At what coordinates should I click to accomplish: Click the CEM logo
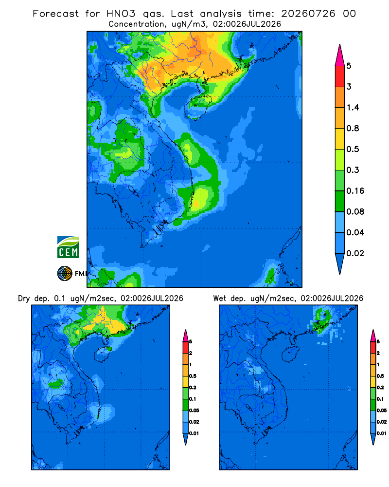pos(68,247)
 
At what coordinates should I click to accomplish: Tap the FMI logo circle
pos(65,273)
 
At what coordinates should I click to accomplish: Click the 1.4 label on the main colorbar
pos(353,108)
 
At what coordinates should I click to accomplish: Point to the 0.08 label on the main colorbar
pos(355,211)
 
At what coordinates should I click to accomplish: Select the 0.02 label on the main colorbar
pos(355,253)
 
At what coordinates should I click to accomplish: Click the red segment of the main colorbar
pos(340,76)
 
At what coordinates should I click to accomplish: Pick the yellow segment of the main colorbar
pos(340,138)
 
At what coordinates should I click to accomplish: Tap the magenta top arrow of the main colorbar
pos(340,56)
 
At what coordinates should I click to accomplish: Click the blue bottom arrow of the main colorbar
pos(340,263)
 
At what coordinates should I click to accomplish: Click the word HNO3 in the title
pos(121,14)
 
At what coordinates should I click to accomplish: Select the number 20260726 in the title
pos(308,14)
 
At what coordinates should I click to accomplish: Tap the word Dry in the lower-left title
pos(23,299)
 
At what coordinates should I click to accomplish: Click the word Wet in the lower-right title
pos(220,299)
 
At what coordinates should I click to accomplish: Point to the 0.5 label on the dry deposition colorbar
pos(193,376)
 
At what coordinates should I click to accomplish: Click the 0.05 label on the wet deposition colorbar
pos(382,410)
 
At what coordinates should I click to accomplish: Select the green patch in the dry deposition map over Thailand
pos(56,383)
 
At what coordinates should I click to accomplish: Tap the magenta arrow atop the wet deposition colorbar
pos(373,336)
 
